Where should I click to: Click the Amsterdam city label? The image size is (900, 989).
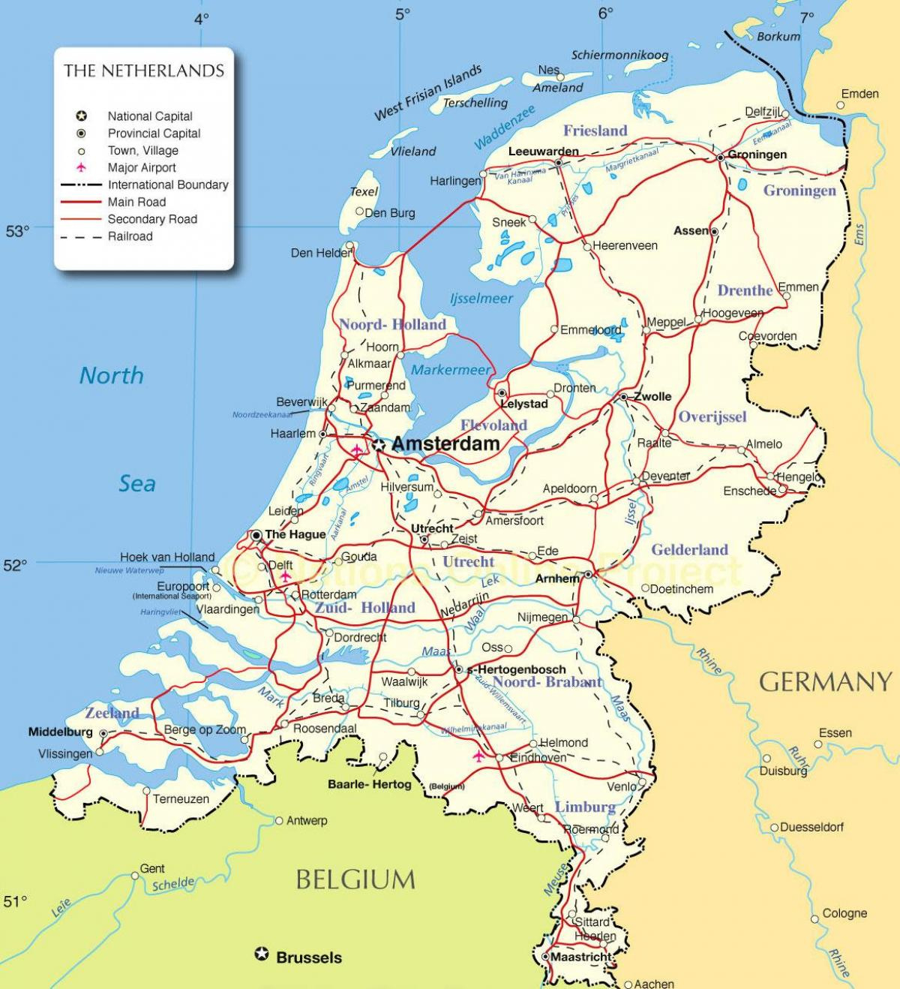[445, 444]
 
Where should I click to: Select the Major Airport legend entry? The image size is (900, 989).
[142, 167]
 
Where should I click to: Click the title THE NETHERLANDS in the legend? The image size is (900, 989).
[144, 71]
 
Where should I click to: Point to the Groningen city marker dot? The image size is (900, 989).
[720, 157]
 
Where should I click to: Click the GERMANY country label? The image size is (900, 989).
[825, 682]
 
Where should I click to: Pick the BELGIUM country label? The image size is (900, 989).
[355, 879]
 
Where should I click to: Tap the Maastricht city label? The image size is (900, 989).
[581, 957]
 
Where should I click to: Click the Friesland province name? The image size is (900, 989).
[595, 131]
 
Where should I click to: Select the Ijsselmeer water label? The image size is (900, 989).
[481, 299]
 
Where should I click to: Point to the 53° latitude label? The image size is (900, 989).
[17, 231]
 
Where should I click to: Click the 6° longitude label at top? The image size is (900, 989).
[606, 13]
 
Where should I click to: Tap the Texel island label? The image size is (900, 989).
[364, 192]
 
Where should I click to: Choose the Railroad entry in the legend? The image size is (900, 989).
[130, 236]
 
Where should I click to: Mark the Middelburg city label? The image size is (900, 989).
[60, 732]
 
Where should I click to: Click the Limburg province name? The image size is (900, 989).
[585, 807]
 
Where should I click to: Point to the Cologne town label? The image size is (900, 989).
[844, 913]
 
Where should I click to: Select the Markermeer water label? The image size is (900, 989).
[450, 369]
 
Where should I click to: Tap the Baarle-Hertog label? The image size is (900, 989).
[370, 784]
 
